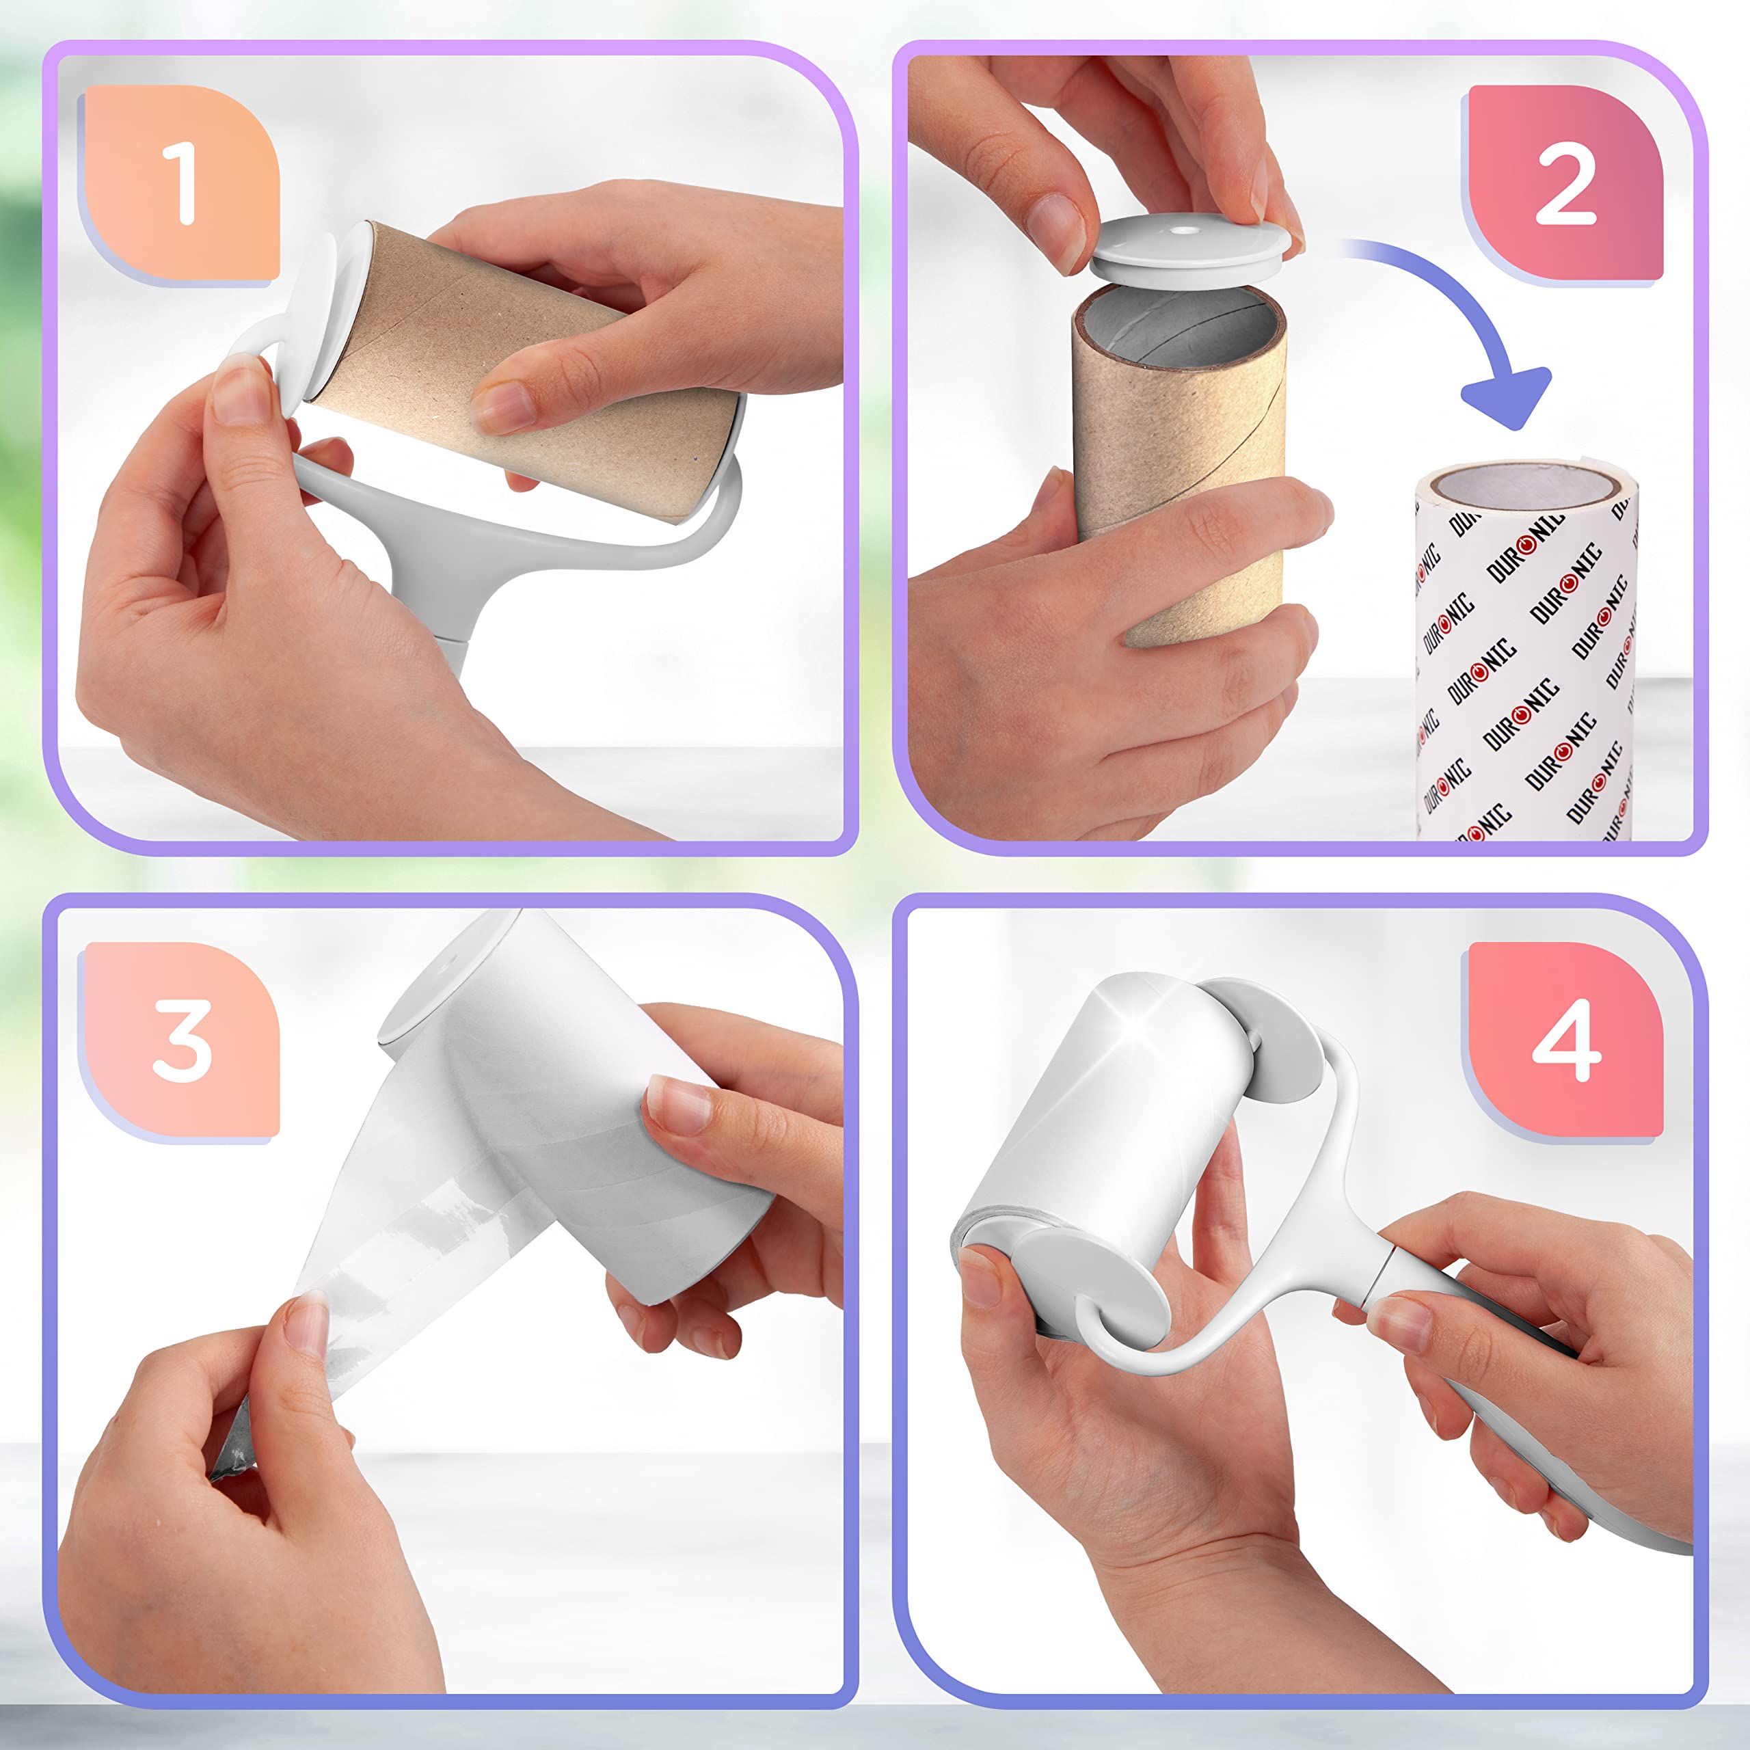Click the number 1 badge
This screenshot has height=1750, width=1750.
tap(181, 184)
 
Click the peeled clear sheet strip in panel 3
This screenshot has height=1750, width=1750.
tap(399, 1250)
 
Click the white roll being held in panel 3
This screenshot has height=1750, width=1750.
tap(580, 1132)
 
